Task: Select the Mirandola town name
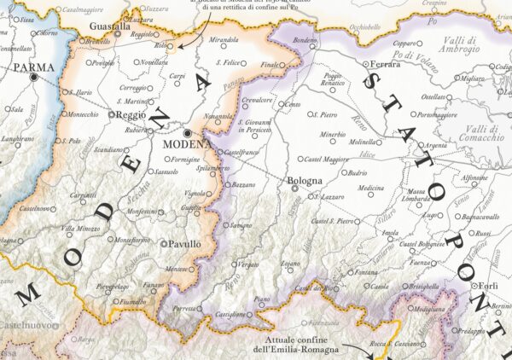(224, 39)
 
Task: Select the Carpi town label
(177, 76)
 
